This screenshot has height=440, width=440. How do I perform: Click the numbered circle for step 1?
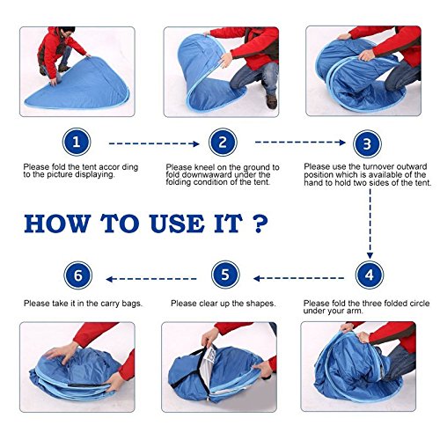pyautogui.click(x=77, y=142)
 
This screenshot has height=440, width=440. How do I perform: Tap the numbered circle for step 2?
pyautogui.click(x=223, y=143)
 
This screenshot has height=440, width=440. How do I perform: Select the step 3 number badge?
pyautogui.click(x=367, y=143)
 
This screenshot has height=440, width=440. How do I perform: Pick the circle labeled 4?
pyautogui.click(x=370, y=275)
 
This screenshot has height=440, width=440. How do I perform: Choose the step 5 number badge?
pyautogui.click(x=225, y=275)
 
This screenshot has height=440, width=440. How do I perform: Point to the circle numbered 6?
pyautogui.click(x=78, y=275)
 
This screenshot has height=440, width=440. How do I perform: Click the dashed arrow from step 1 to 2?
pyautogui.click(x=154, y=143)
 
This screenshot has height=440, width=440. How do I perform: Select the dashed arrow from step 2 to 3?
pyautogui.click(x=300, y=143)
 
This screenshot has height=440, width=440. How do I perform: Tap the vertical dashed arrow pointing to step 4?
pyautogui.click(x=370, y=224)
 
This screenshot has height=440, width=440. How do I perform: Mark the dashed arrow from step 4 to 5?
pyautogui.click(x=298, y=278)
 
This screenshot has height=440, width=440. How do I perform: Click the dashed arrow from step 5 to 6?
pyautogui.click(x=151, y=279)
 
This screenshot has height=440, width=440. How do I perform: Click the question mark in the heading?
pyautogui.click(x=260, y=224)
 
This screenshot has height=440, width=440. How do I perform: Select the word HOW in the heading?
pyautogui.click(x=57, y=224)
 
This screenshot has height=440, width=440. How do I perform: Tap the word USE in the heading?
pyautogui.click(x=177, y=224)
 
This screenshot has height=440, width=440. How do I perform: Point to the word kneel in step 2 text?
pyautogui.click(x=205, y=167)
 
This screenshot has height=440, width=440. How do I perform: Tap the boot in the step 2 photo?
pyautogui.click(x=272, y=101)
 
